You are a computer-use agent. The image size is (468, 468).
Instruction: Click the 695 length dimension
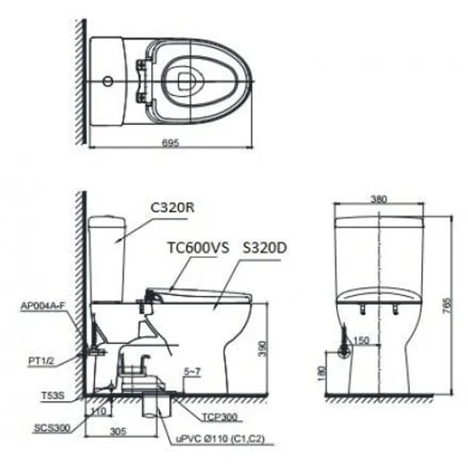(x=170, y=143)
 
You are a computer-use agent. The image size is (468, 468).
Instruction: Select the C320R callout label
(x=172, y=208)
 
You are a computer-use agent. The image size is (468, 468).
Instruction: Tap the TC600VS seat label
(x=198, y=247)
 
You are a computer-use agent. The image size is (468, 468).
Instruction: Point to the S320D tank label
(x=264, y=247)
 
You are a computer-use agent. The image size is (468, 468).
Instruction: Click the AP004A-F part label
(x=43, y=306)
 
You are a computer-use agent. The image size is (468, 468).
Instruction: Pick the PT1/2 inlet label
(x=41, y=361)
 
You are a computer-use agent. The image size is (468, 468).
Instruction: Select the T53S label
(x=53, y=396)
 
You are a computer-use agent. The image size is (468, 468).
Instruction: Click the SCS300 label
(x=52, y=428)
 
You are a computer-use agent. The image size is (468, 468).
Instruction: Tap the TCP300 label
(x=220, y=417)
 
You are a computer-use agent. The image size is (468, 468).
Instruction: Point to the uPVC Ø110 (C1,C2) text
(x=221, y=438)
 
